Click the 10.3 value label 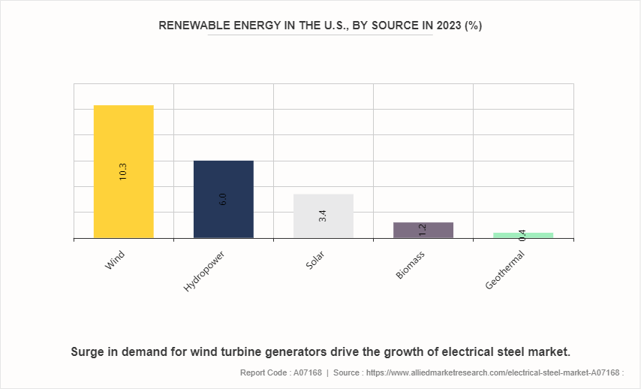point(123,171)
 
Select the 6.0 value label point(223,200)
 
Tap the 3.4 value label point(323,216)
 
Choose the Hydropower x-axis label point(204,271)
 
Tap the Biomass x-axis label point(411,264)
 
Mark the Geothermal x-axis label point(505,270)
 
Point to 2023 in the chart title point(447,26)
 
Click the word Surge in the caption point(89,351)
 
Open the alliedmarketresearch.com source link point(495,372)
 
